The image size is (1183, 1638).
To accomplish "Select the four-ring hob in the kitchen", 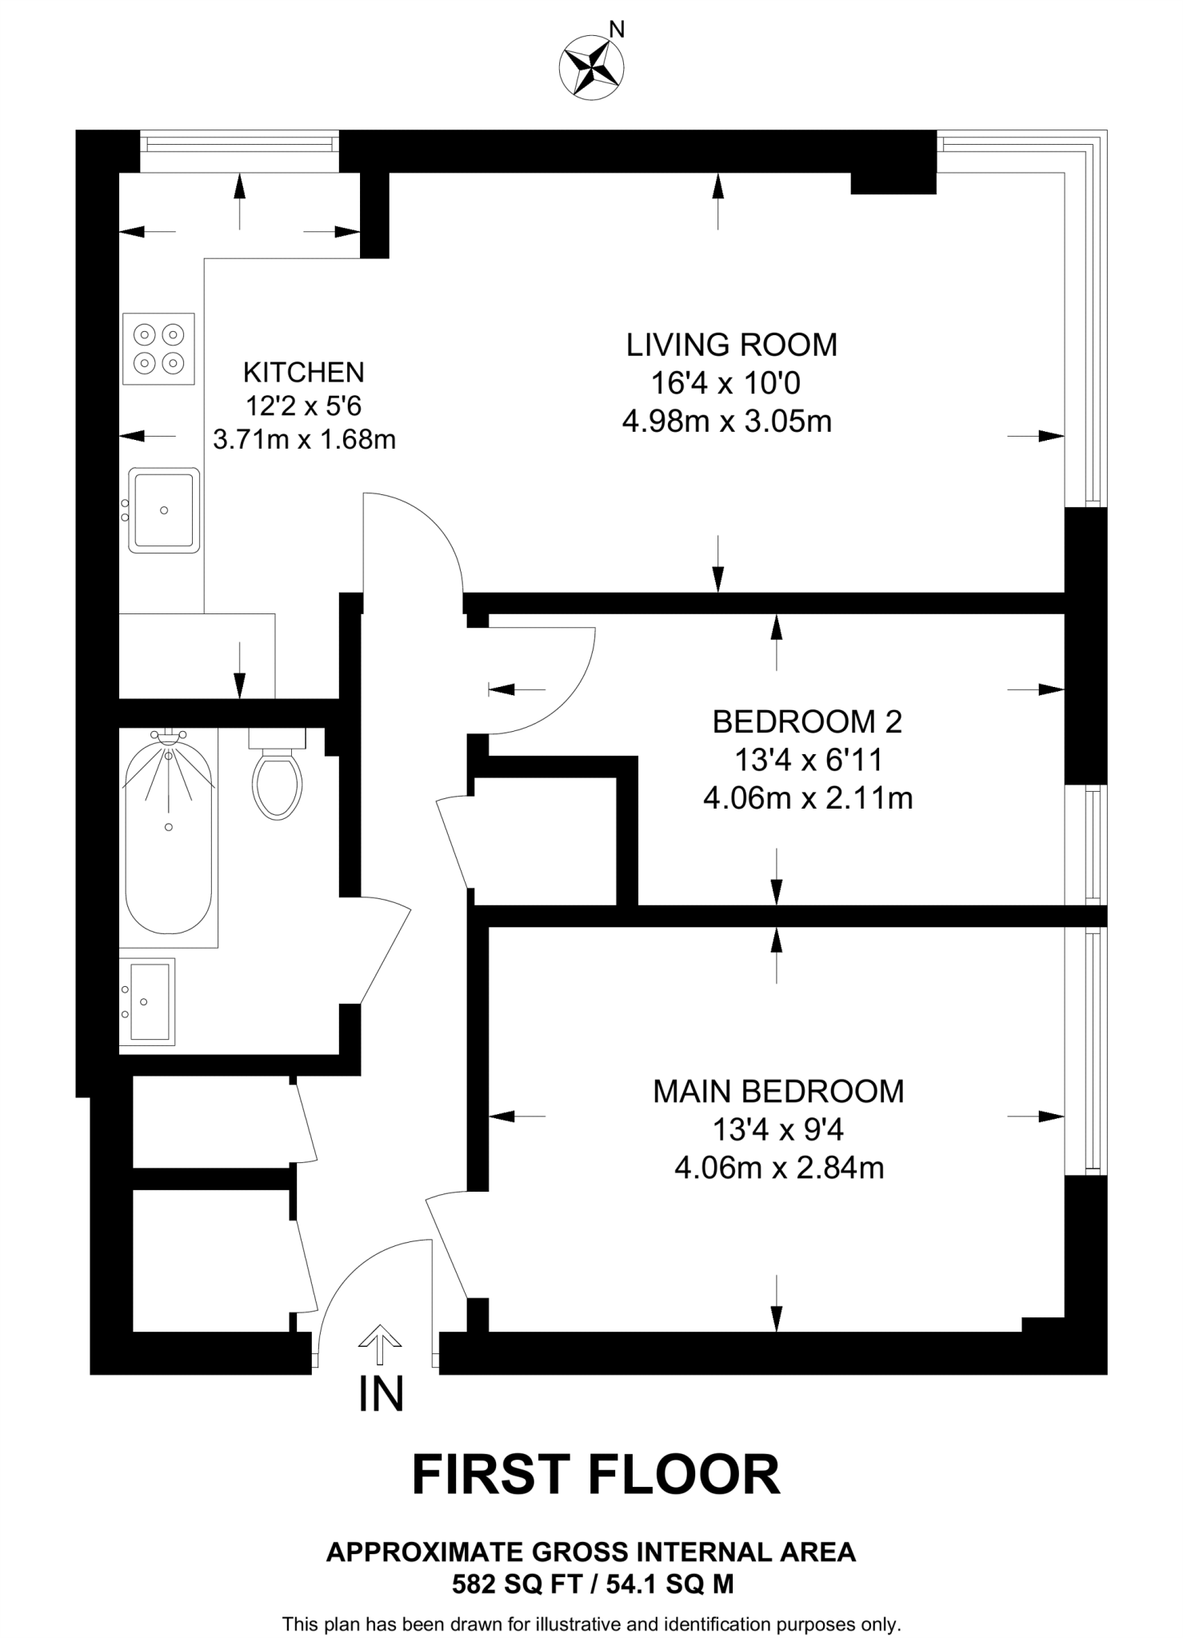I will [x=159, y=348].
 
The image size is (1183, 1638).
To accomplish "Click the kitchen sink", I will [x=163, y=510].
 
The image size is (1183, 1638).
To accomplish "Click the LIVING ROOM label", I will [x=731, y=345].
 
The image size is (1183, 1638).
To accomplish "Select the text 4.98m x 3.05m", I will [x=726, y=421].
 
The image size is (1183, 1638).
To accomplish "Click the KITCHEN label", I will [x=303, y=372].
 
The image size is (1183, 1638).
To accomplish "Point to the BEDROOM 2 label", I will [x=806, y=721].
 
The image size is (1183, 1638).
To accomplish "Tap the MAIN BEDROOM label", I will [x=778, y=1091].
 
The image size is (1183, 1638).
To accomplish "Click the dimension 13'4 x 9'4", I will [x=778, y=1129].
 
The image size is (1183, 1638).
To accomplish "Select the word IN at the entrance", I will [x=381, y=1394].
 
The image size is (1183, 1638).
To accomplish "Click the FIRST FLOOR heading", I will [x=596, y=1475].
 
